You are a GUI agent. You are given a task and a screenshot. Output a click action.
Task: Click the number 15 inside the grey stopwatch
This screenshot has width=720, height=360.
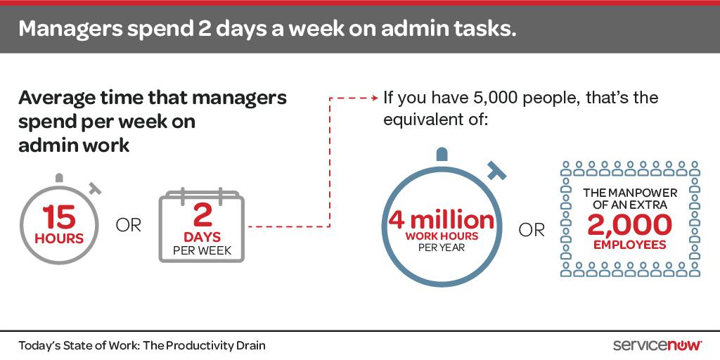[59, 217]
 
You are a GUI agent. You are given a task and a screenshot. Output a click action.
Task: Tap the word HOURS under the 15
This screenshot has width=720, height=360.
[59, 238]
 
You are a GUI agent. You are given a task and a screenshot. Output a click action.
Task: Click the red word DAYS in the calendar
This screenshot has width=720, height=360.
[202, 236]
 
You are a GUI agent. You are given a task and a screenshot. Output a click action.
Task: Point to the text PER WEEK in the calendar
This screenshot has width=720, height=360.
[202, 250]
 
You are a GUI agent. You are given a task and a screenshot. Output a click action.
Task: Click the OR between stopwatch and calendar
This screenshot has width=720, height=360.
[129, 226]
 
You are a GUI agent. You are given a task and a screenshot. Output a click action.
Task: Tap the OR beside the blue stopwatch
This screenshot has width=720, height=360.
[532, 230]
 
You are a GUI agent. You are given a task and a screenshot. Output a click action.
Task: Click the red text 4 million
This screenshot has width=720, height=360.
[442, 220]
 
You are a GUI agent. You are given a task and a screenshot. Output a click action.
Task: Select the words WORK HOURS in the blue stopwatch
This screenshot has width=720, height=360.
[442, 236]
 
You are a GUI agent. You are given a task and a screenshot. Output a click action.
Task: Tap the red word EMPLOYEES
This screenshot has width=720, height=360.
[630, 245]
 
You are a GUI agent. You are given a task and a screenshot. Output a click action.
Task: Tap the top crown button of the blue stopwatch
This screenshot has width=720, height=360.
[442, 154]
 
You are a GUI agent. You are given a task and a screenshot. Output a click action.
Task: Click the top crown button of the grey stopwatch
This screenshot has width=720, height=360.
[59, 177]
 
